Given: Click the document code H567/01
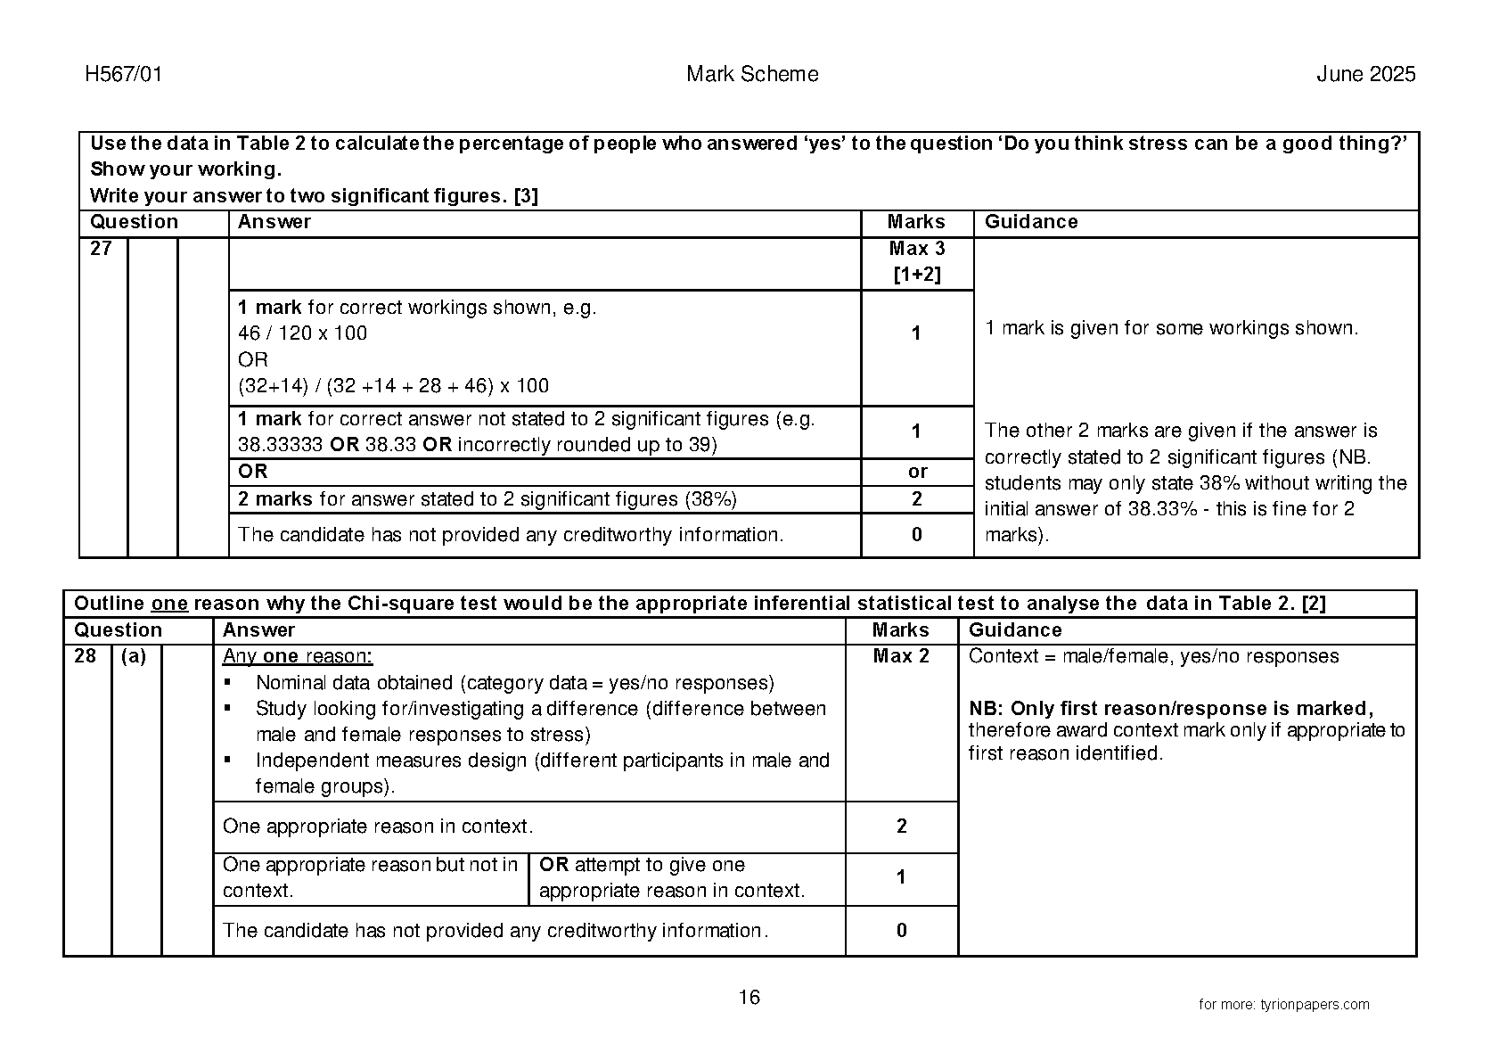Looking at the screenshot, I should (x=124, y=74).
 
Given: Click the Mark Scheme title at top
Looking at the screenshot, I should (x=752, y=74).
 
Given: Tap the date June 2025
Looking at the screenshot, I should (x=1365, y=74).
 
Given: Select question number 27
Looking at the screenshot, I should (x=102, y=249).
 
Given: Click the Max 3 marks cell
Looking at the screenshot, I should (x=916, y=249).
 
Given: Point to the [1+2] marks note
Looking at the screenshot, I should (x=916, y=275).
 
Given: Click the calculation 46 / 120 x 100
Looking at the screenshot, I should (x=302, y=333).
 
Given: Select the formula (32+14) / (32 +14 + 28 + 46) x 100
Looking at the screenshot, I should (x=393, y=386).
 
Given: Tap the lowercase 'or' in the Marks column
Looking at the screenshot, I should (x=917, y=472).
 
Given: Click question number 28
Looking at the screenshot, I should (x=86, y=656).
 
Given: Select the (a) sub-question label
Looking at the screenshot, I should (x=134, y=656).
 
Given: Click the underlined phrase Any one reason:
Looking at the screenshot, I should (x=298, y=656).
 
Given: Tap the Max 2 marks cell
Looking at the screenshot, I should (x=901, y=656).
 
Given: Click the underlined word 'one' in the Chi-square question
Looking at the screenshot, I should (x=169, y=604).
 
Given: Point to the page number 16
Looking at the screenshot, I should (x=749, y=997).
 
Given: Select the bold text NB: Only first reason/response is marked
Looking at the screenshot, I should (x=1170, y=709).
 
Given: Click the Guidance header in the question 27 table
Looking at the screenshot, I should (x=1031, y=222).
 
